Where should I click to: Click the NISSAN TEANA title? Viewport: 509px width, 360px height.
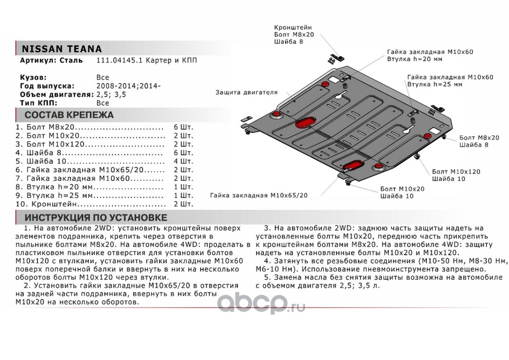pyautogui.click(x=62, y=49)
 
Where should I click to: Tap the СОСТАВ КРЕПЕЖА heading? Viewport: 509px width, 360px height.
pyautogui.click(x=69, y=115)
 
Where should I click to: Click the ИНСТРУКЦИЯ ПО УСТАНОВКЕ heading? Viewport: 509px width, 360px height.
pyautogui.click(x=96, y=218)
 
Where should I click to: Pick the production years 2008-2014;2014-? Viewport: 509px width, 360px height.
pyautogui.click(x=128, y=85)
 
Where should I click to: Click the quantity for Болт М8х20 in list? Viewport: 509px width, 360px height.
pyautogui.click(x=183, y=127)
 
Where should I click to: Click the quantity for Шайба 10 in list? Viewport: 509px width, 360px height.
pyautogui.click(x=183, y=161)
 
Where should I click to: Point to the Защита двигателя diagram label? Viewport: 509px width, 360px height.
pyautogui.click(x=246, y=92)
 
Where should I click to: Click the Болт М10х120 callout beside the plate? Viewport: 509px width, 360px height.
pyautogui.click(x=456, y=172)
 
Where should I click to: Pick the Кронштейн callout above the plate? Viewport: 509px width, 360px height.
pyautogui.click(x=293, y=28)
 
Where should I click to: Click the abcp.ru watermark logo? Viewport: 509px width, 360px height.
pyautogui.click(x=261, y=302)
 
